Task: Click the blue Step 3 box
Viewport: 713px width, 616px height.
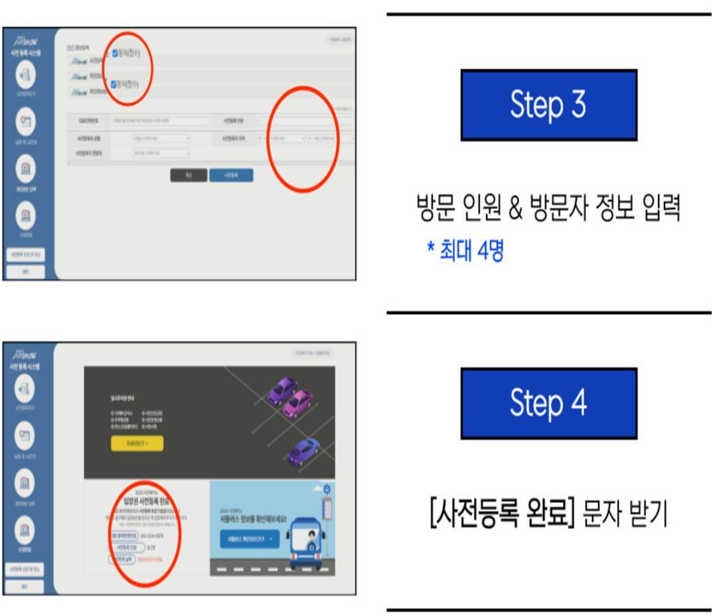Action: tap(548, 104)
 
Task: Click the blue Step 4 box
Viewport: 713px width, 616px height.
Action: tap(548, 403)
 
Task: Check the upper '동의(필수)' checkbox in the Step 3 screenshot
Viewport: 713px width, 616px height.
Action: tap(114, 54)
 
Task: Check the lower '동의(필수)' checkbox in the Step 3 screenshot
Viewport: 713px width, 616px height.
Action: tap(114, 84)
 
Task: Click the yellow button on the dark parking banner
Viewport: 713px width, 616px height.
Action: tap(137, 443)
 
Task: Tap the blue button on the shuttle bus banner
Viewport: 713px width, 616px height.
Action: tap(249, 539)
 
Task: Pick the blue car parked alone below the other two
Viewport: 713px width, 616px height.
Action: tap(304, 451)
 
